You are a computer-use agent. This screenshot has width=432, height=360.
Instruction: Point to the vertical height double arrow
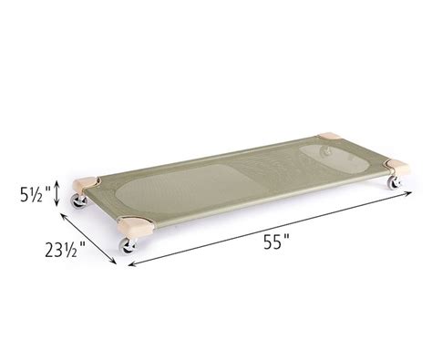[58, 192]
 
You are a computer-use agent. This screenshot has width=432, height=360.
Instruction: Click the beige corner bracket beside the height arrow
[88, 183]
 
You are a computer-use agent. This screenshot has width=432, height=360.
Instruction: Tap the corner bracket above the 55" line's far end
[398, 168]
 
